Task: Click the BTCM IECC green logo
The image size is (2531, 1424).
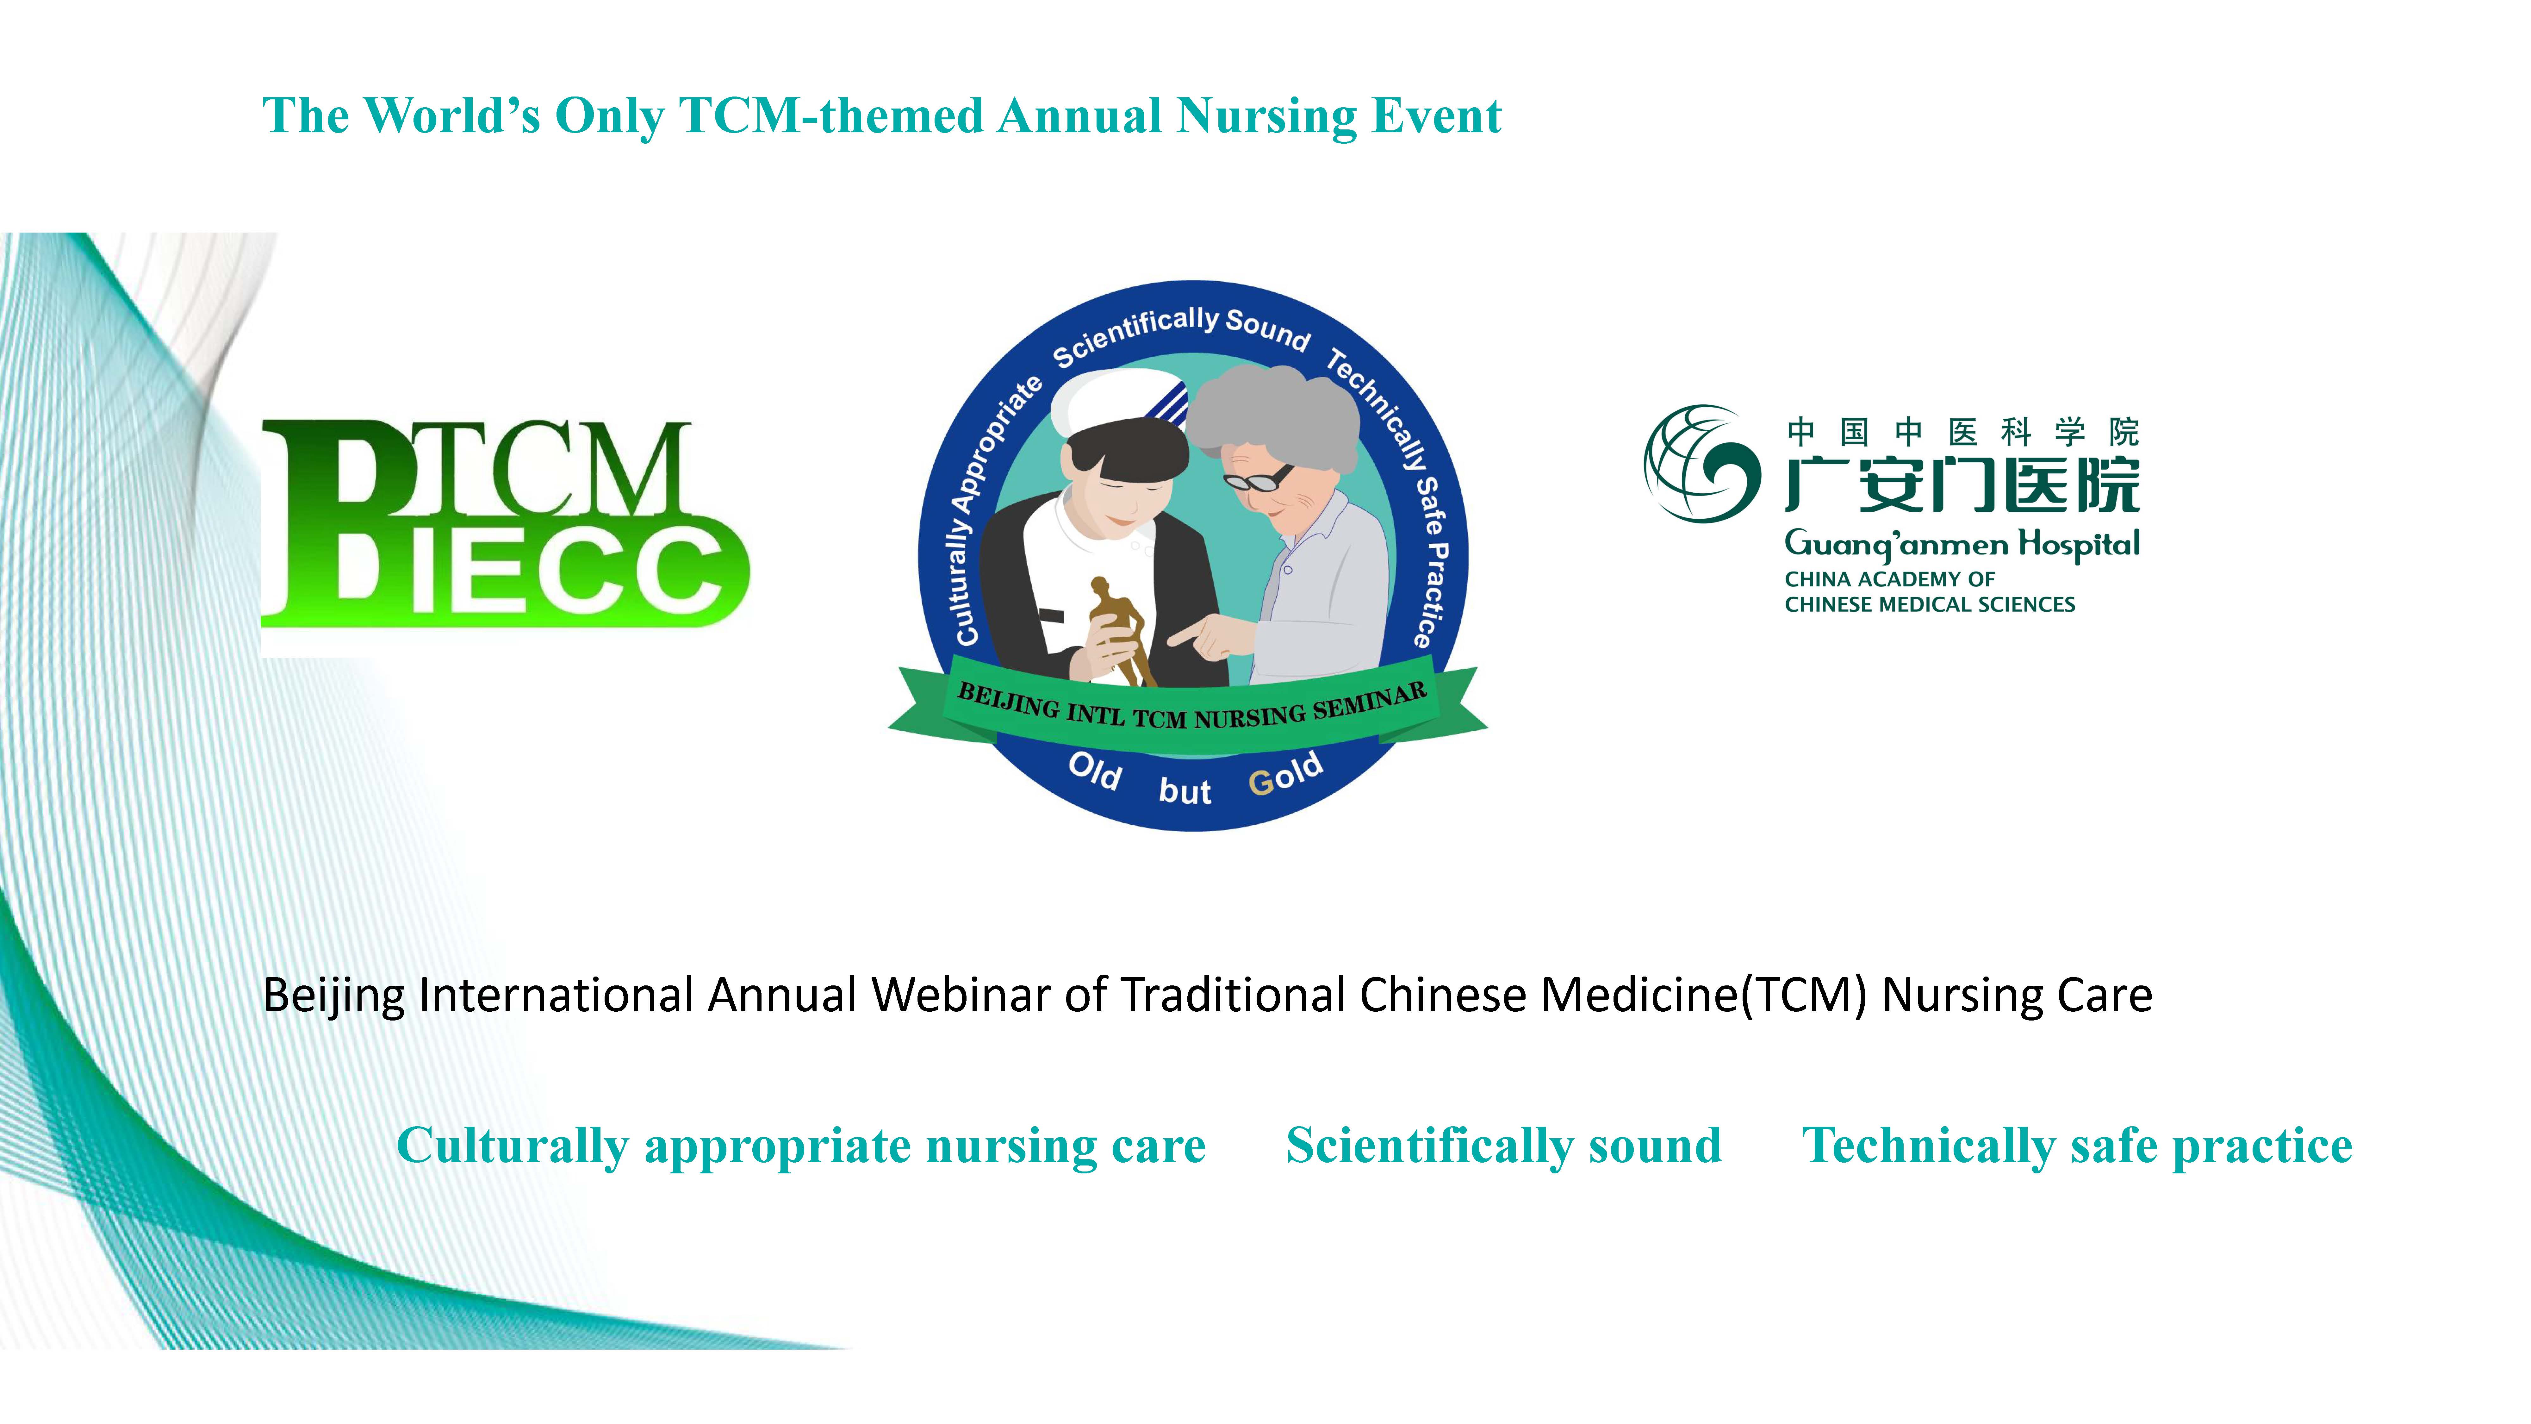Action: point(505,523)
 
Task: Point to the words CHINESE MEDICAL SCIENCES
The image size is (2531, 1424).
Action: point(1930,604)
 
